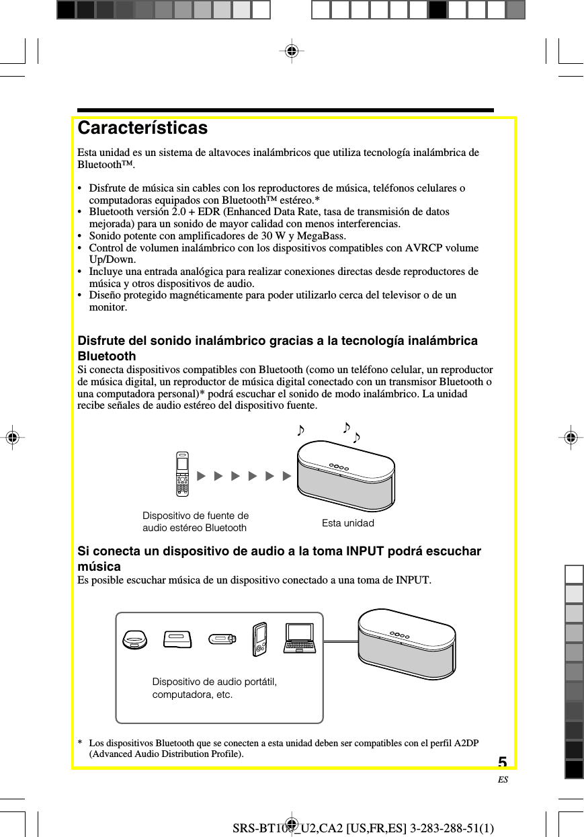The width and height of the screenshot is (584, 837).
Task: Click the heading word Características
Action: [142, 128]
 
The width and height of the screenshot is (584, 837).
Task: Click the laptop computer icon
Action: [300, 639]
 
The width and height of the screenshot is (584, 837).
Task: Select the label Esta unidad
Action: [347, 523]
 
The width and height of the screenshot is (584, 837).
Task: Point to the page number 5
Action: [503, 762]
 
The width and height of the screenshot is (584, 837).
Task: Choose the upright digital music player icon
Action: [259, 639]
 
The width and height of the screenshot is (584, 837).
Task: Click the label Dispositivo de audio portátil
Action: [214, 682]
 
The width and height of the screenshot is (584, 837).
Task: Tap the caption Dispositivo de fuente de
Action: [196, 516]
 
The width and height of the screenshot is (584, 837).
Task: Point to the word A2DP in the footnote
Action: [465, 743]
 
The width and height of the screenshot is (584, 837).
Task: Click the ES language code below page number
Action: [503, 780]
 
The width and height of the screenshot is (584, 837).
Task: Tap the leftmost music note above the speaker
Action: [302, 430]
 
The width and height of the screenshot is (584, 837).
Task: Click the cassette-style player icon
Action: [177, 639]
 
